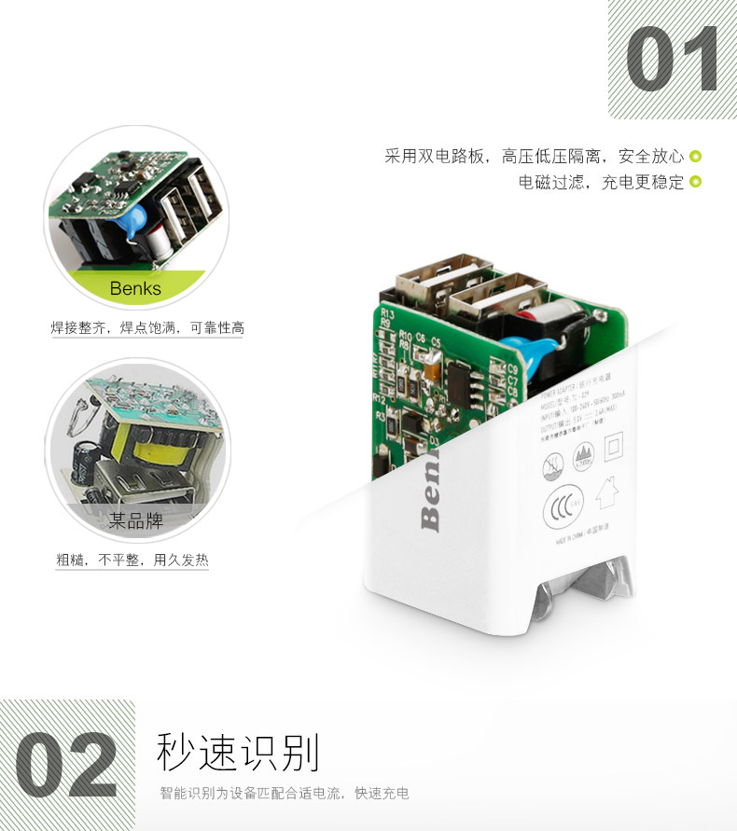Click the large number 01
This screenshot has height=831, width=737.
coord(672,61)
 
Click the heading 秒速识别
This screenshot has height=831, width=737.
coord(239,753)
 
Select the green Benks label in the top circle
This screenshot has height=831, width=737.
coord(135,288)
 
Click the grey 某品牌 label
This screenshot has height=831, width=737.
coord(136,521)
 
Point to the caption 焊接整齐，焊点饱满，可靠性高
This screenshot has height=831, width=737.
coord(147,328)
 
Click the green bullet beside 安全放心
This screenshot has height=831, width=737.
coord(695,157)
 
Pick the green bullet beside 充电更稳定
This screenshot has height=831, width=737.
coord(695,182)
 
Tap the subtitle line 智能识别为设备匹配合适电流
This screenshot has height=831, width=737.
coord(285,795)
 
